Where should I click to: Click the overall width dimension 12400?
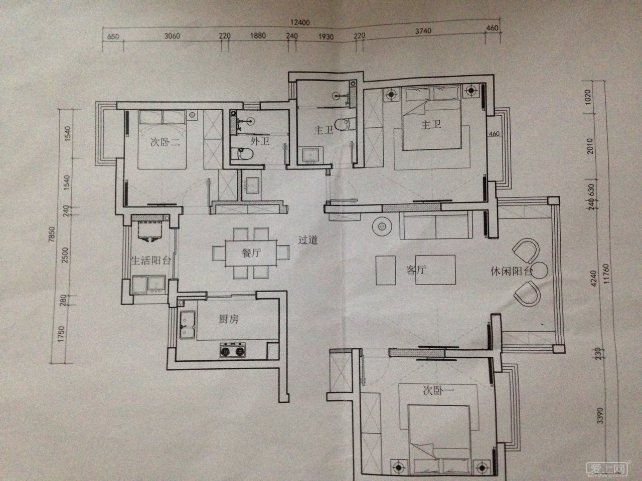point(300,22)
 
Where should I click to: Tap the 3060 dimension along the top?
point(172,36)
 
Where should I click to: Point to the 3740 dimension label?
point(423,31)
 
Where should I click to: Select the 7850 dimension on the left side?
point(52,234)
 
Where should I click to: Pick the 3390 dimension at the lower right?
point(600,415)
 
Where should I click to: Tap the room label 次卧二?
point(165,142)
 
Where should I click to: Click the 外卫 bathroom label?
point(260,141)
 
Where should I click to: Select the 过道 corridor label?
point(308,240)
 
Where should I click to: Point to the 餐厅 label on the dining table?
point(251,253)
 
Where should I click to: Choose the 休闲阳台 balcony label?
point(511,272)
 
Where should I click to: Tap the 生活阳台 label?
point(150,260)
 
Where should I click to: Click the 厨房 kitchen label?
point(229,319)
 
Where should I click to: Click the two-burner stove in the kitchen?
point(233,350)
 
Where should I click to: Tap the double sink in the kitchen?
point(187,325)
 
